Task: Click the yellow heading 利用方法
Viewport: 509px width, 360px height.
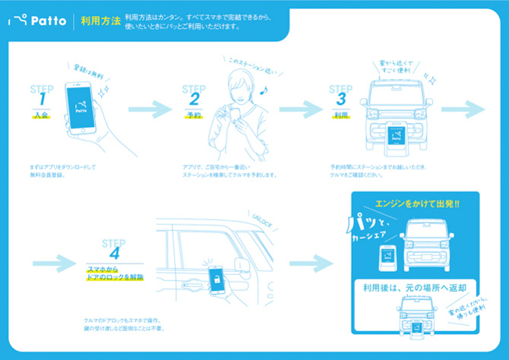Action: tap(98, 21)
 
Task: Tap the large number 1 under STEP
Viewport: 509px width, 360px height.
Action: tap(43, 99)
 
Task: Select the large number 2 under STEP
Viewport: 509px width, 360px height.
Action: tap(194, 99)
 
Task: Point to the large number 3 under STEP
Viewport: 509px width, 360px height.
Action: tap(341, 99)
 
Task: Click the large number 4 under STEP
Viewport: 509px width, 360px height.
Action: tap(113, 254)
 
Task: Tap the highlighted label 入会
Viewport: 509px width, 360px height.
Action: tap(41, 115)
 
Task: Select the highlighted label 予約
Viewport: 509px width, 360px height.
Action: tap(193, 115)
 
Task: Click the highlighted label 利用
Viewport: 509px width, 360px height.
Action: tap(341, 115)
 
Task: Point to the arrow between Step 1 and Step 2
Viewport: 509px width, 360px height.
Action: tap(148, 110)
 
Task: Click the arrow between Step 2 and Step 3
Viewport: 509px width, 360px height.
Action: tap(299, 110)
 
